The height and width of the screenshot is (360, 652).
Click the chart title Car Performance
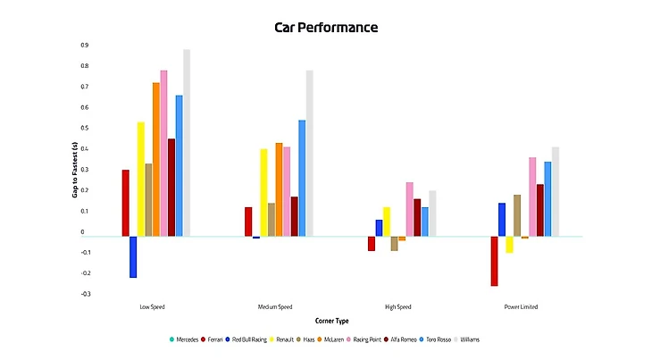(x=326, y=27)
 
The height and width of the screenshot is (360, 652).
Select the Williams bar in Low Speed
(x=187, y=143)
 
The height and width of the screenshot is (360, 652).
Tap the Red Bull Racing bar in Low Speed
(x=133, y=256)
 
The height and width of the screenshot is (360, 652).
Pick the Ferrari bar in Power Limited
(x=494, y=261)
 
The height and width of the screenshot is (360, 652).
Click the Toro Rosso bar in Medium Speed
(x=302, y=178)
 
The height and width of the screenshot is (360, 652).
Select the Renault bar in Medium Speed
(x=263, y=192)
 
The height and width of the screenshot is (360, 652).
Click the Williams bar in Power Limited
(x=556, y=191)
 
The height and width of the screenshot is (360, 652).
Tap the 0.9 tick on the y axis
(x=84, y=45)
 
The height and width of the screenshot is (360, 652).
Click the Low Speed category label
(x=152, y=306)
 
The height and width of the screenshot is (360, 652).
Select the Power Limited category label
(x=521, y=306)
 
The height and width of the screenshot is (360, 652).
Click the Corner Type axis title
(x=331, y=320)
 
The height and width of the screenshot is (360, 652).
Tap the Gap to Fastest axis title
(x=75, y=169)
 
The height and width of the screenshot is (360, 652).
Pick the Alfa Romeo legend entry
(x=399, y=339)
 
